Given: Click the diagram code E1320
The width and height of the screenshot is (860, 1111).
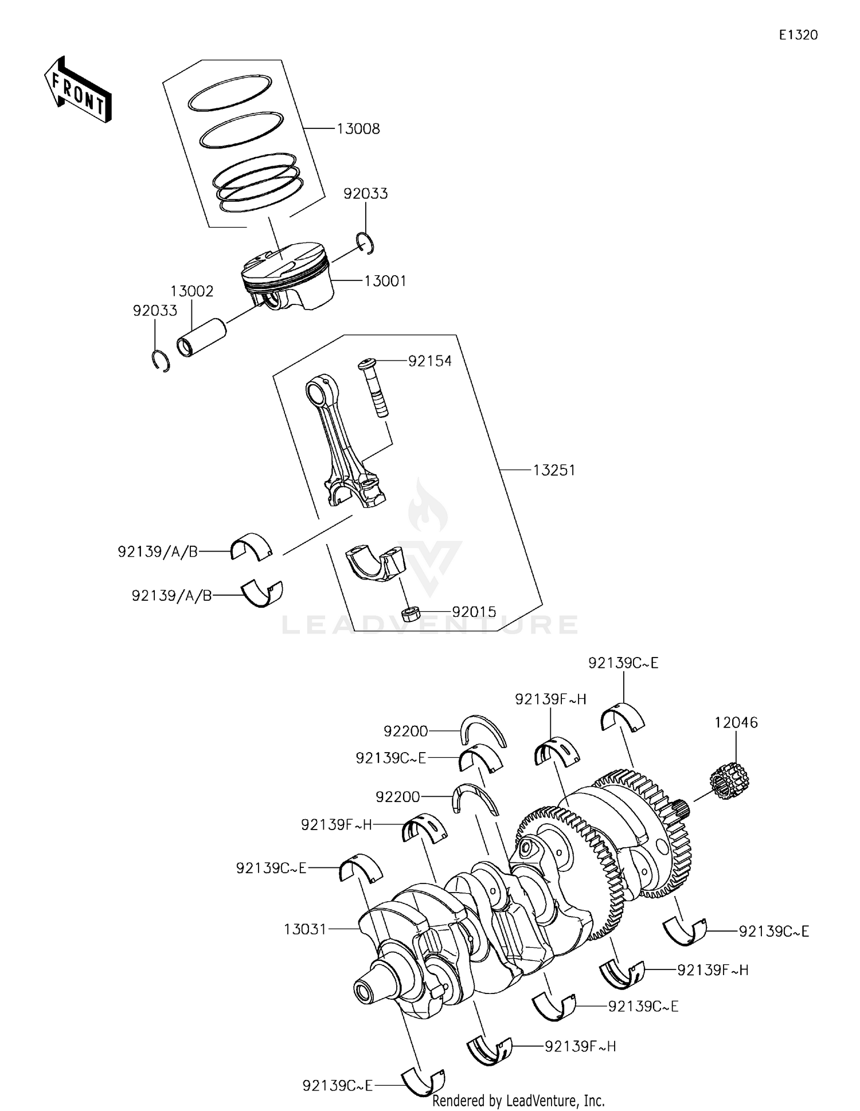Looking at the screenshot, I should coord(798,35).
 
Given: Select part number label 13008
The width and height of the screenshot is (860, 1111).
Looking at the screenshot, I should coord(358,129).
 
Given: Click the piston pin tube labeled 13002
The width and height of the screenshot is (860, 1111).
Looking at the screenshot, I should coord(201,338).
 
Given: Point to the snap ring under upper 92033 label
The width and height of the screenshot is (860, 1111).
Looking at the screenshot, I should coord(365,242).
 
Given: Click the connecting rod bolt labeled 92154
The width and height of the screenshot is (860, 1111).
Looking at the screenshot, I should coord(373,388).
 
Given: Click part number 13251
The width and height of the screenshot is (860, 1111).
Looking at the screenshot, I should coord(553,471).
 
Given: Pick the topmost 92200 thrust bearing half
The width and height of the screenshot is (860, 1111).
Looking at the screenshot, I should coord(483,731).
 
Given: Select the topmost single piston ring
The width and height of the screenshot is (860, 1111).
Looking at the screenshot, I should coord(229,93).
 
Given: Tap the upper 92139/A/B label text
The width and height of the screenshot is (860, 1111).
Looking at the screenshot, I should coord(158,551).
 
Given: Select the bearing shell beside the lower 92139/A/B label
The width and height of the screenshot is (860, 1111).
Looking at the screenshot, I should coord(263,594).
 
